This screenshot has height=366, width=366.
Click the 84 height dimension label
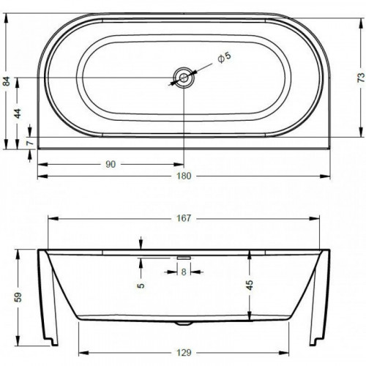(x=7, y=81)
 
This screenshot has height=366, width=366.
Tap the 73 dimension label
(x=362, y=77)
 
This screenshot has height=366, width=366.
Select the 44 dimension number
(x=18, y=113)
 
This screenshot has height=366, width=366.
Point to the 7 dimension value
(x=30, y=143)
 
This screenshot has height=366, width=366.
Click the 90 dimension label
(x=111, y=165)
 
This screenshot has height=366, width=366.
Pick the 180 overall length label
(x=184, y=176)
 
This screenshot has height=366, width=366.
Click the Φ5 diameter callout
(x=224, y=58)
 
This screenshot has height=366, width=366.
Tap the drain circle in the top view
(x=184, y=78)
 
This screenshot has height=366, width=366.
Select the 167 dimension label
(x=184, y=218)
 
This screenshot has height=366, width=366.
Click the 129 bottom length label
(x=184, y=352)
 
